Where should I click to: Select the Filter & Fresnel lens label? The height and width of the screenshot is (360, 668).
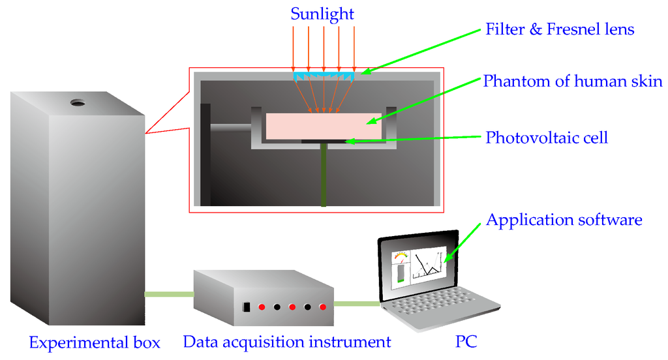(560, 29)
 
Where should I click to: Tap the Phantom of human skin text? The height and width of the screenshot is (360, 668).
(573, 82)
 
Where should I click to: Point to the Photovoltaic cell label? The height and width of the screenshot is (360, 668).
(547, 138)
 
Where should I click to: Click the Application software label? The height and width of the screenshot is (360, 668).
(564, 220)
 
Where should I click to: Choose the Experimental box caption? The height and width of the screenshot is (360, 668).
(95, 342)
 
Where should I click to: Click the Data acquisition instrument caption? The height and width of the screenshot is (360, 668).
(287, 342)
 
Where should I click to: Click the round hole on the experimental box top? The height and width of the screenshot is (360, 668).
(78, 102)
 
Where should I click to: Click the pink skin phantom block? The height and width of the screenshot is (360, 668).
(324, 126)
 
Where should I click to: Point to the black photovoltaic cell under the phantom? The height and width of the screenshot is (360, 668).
(324, 141)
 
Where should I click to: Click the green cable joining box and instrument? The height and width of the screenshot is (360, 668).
(169, 295)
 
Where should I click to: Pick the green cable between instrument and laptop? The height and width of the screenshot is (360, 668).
(357, 303)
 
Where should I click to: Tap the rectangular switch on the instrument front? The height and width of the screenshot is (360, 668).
(247, 307)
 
